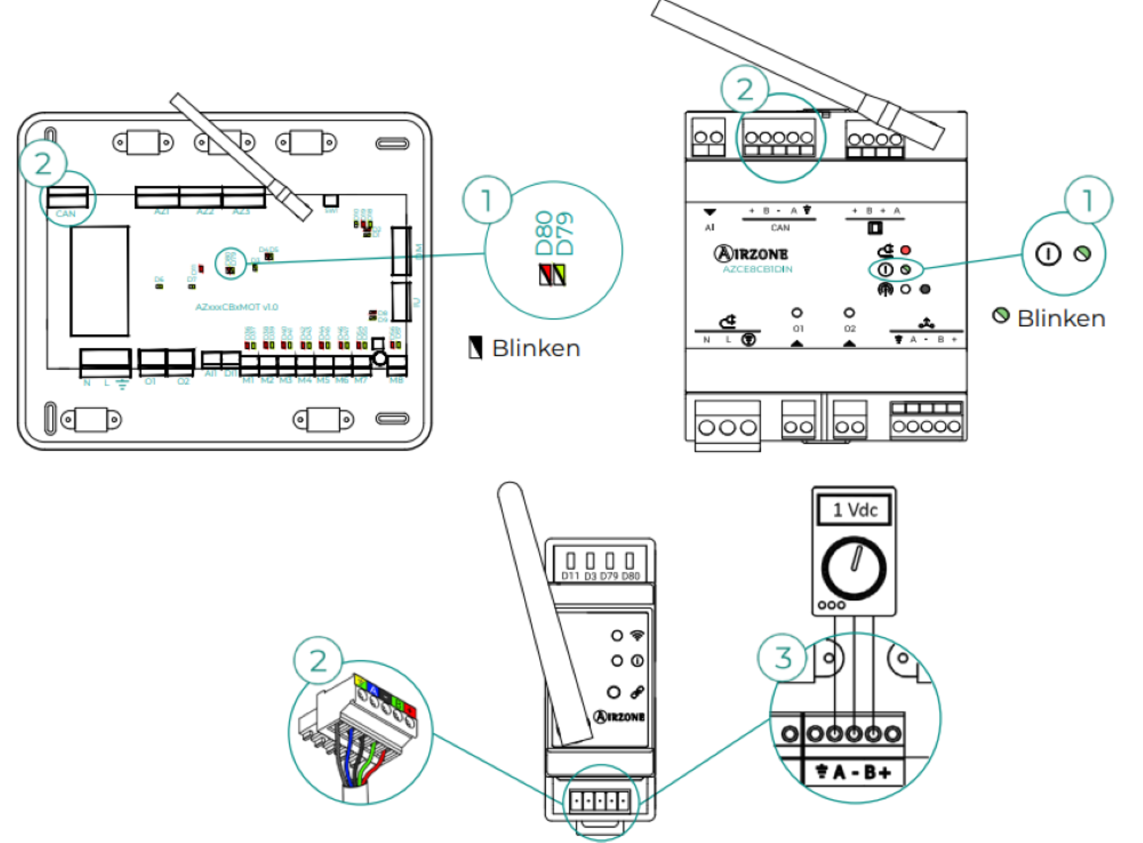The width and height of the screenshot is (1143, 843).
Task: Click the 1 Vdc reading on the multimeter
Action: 854,509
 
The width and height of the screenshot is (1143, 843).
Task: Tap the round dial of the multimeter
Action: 854,567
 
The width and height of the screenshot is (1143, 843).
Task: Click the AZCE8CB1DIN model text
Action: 757,269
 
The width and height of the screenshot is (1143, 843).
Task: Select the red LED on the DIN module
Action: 905,250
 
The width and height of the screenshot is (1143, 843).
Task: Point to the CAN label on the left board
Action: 66,214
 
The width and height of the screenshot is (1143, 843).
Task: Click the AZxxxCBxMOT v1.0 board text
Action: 237,307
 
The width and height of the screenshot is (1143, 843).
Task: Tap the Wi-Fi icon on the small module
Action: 637,635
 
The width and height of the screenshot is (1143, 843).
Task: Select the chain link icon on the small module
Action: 637,692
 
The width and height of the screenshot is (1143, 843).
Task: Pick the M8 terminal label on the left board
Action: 396,380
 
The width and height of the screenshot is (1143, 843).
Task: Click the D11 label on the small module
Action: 570,576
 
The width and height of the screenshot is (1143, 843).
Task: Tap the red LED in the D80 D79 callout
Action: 545,275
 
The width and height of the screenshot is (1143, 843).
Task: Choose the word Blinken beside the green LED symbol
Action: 1061,319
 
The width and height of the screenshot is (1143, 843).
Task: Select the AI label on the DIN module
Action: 709,227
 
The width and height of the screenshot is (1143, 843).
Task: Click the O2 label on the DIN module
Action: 850,328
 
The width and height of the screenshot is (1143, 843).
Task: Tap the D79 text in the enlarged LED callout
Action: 564,233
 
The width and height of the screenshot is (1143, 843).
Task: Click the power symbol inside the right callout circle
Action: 1048,254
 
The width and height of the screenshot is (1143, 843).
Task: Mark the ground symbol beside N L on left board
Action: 122,384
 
